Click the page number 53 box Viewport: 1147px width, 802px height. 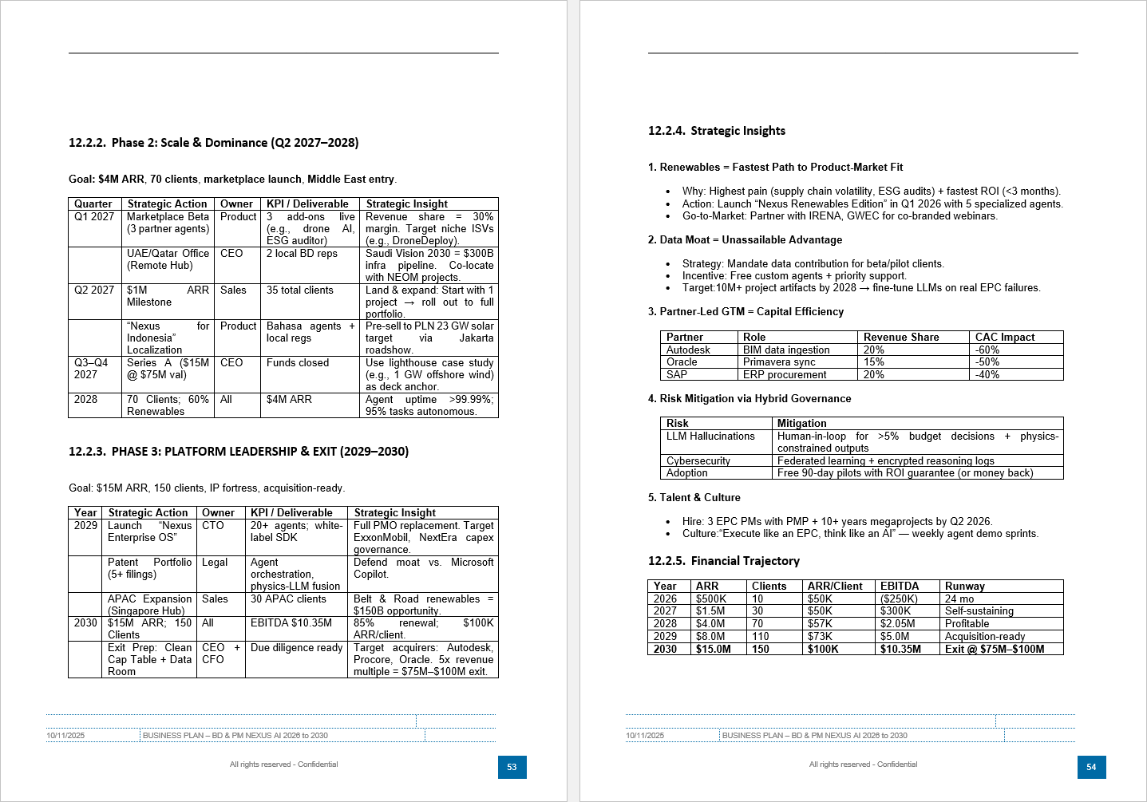pos(512,767)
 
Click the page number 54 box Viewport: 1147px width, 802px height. pos(1091,767)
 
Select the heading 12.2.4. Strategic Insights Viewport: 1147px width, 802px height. pos(716,131)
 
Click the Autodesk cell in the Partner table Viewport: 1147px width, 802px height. pos(688,350)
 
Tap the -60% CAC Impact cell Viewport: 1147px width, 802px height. pos(987,350)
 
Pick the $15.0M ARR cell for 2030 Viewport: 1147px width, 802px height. pos(713,649)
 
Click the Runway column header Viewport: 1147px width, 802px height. pos(964,586)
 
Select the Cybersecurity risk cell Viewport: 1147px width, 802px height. pos(698,460)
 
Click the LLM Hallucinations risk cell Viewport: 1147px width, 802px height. pos(710,436)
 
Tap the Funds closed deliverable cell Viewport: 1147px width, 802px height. pos(298,362)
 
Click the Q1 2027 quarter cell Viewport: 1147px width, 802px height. pos(94,216)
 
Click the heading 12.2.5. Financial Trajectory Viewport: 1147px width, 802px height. pos(723,561)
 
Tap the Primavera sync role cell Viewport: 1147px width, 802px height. pos(779,361)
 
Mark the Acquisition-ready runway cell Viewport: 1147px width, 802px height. pos(985,636)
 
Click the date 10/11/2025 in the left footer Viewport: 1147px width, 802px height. pos(65,735)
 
